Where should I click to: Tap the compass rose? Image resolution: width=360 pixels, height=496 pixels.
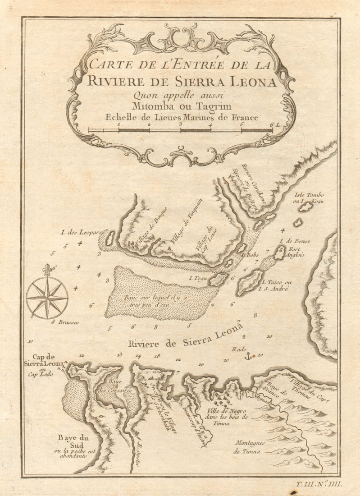47,297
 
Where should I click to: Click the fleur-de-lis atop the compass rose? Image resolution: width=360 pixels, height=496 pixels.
47,270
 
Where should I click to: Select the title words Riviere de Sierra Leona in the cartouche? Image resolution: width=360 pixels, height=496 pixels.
182,82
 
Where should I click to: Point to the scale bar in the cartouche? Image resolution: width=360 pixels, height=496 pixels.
180,130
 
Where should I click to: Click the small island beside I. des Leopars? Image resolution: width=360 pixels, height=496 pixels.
109,239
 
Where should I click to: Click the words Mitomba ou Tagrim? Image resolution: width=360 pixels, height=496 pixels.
181,106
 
